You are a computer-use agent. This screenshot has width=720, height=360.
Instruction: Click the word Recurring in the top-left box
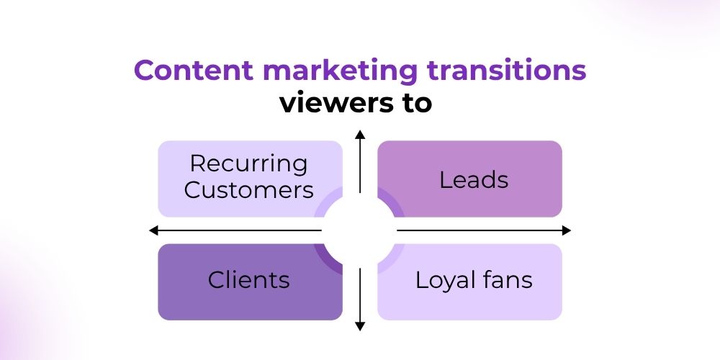pos(248,164)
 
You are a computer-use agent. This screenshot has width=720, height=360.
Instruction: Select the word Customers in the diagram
pos(248,190)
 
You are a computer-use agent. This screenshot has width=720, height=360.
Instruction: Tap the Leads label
pos(474,180)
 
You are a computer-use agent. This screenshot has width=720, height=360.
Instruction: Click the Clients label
pos(248,279)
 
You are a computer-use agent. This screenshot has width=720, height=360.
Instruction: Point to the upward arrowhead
pos(360,133)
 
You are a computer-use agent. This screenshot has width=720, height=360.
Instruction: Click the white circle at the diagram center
pos(360,230)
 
